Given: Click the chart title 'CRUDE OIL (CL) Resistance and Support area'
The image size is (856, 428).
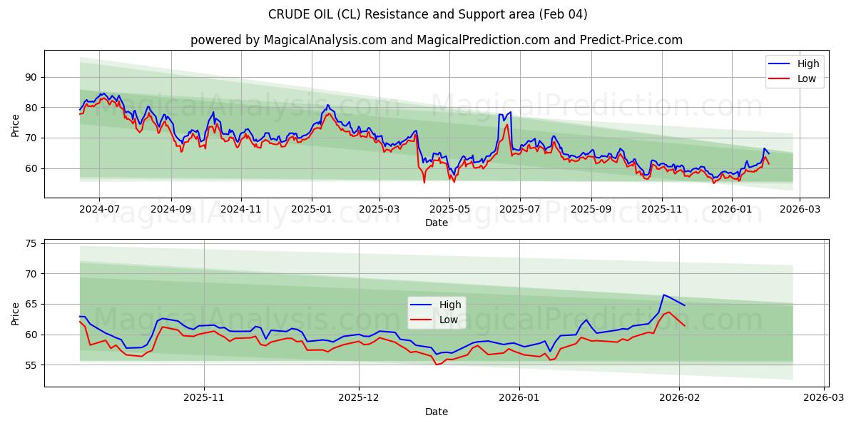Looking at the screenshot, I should click(428, 14).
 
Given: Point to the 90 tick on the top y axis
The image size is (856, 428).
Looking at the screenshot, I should click(31, 77).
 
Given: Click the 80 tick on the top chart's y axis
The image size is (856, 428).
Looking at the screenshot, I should click(31, 108).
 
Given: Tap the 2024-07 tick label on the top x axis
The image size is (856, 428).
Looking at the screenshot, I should click(98, 209).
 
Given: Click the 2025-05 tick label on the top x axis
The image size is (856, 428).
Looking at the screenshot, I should click(449, 209).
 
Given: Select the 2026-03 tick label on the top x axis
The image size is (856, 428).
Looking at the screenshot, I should click(799, 209).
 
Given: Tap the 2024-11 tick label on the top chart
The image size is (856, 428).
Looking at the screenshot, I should click(240, 209).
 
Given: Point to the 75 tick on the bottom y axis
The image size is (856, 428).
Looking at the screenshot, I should click(31, 243).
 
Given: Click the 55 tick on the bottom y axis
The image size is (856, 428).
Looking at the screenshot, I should click(31, 365).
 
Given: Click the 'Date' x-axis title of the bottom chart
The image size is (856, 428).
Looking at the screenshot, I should click(436, 412).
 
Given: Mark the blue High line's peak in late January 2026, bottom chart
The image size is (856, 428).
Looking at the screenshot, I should click(663, 295).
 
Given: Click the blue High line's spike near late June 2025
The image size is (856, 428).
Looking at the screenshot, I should click(510, 112).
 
